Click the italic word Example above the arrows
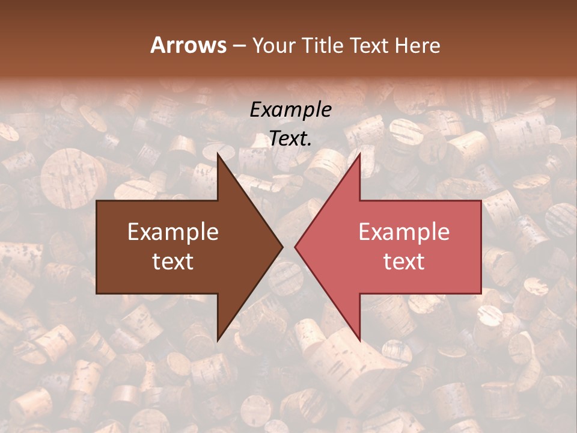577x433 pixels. (x=290, y=110)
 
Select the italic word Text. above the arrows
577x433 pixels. (x=290, y=139)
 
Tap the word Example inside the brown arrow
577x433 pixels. (x=173, y=232)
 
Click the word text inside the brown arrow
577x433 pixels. (x=173, y=261)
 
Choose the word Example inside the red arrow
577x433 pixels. (x=404, y=232)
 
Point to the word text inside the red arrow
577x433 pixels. (x=404, y=261)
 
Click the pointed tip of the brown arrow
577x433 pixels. (x=282, y=247)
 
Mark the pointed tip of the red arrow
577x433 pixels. (x=295, y=247)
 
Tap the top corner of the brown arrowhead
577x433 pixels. (x=218, y=154)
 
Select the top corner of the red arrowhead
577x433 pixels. (x=359, y=154)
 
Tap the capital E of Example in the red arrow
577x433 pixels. (x=364, y=232)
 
